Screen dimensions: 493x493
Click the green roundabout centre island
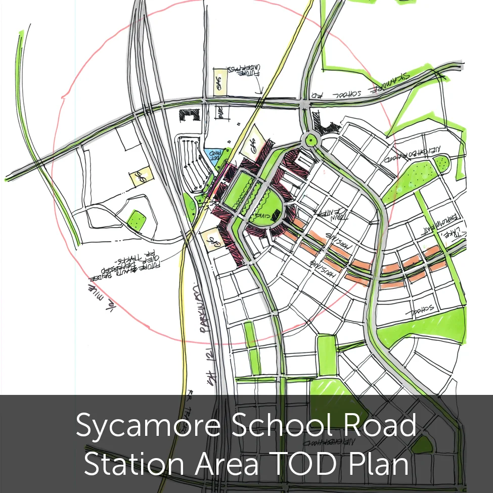[x=309, y=139]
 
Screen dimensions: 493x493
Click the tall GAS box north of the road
[x=219, y=81]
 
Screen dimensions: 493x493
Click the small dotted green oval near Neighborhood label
[x=442, y=162]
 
